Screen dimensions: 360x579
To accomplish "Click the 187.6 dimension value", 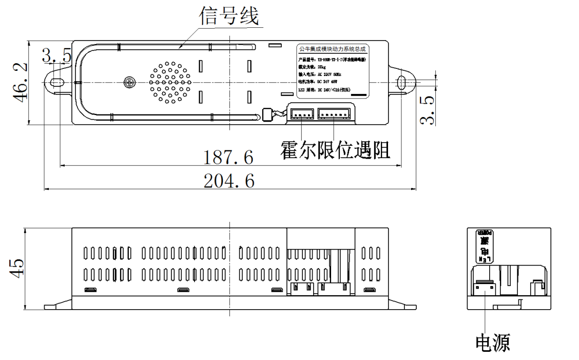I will (228, 158).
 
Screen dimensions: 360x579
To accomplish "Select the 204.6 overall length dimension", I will (229, 181).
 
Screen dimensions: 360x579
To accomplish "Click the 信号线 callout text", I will (229, 17).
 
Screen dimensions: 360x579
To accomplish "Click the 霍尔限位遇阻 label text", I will (335, 149).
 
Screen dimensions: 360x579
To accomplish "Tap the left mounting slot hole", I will (57, 82).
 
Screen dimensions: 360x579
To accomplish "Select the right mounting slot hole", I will (401, 82).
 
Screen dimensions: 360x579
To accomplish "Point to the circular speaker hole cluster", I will (170, 82).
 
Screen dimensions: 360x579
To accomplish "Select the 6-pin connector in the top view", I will (334, 112).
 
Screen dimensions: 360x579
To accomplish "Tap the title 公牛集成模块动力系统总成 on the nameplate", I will (332, 50).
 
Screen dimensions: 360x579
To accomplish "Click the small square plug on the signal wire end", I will (266, 115).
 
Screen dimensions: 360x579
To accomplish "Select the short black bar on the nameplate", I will (359, 94).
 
